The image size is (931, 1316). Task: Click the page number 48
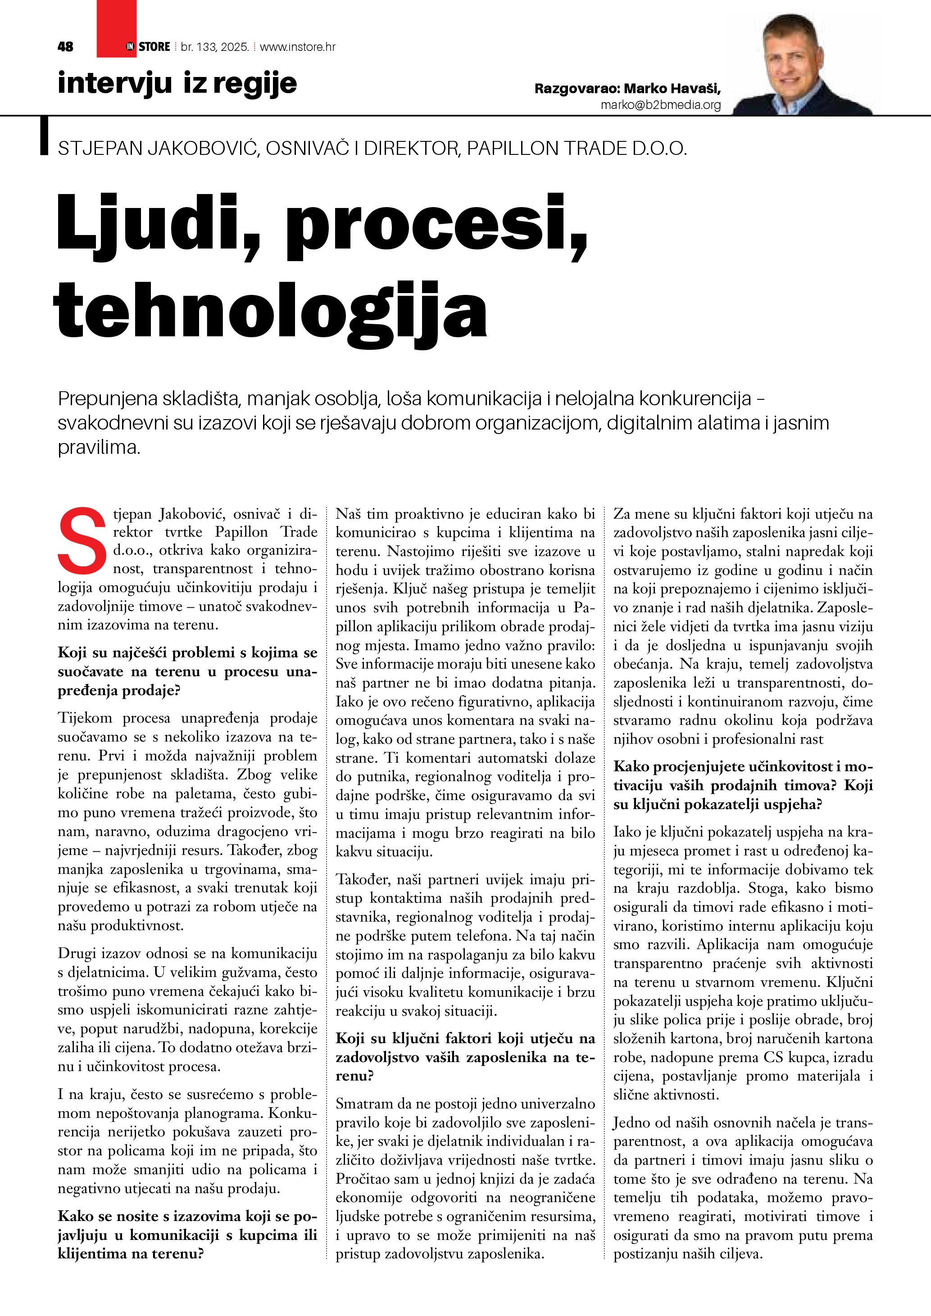[x=65, y=47]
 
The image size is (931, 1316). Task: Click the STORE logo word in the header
[x=154, y=47]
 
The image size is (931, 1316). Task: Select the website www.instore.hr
[x=298, y=47]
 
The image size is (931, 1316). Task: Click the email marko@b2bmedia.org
[x=660, y=105]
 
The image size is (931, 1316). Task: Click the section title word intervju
[x=115, y=84]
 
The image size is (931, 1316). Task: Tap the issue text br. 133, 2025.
[x=214, y=47]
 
